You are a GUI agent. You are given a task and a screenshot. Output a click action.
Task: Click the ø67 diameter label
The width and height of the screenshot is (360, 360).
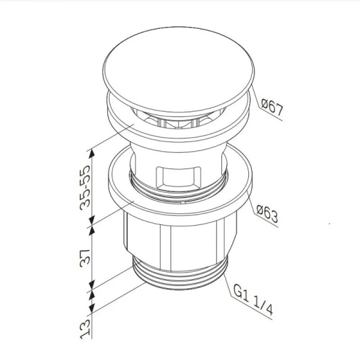tap(272, 109)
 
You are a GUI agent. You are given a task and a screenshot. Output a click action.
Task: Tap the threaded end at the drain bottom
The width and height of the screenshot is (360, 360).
tap(181, 286)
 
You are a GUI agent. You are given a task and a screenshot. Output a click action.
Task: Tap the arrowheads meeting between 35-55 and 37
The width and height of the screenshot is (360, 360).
tap(92, 223)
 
